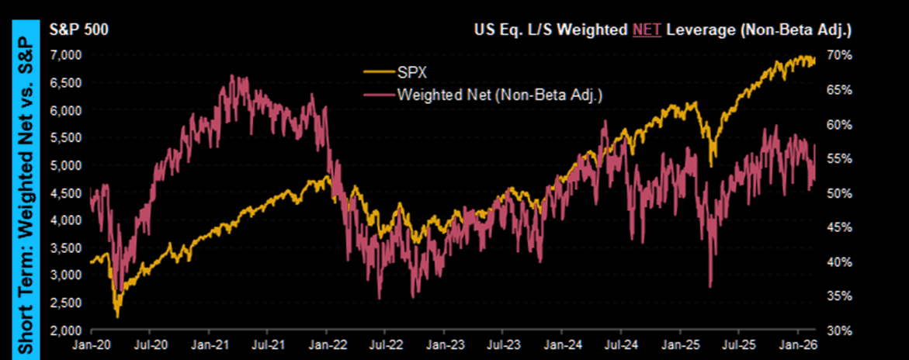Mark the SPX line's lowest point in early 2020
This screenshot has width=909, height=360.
[x=117, y=317]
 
